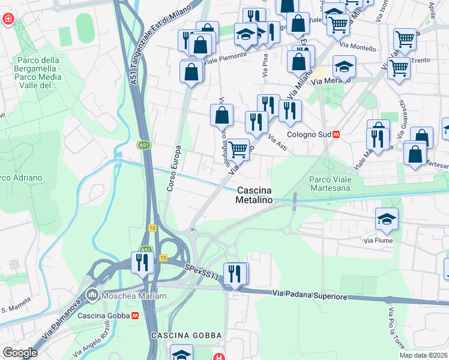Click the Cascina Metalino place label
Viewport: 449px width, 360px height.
[x=255, y=195]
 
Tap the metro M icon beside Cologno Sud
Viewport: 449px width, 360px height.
[x=336, y=135]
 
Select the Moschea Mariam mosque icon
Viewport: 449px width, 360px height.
[x=92, y=295]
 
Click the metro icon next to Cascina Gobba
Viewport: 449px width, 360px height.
[x=136, y=316]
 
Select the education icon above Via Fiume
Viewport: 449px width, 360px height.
[x=387, y=220]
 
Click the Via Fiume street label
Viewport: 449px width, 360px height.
[x=377, y=241]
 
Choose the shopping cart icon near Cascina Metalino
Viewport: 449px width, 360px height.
[x=238, y=149]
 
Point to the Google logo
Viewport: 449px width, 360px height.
[x=20, y=353]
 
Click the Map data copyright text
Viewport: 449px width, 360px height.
[x=423, y=355]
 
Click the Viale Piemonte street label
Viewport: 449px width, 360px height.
[x=226, y=56]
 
